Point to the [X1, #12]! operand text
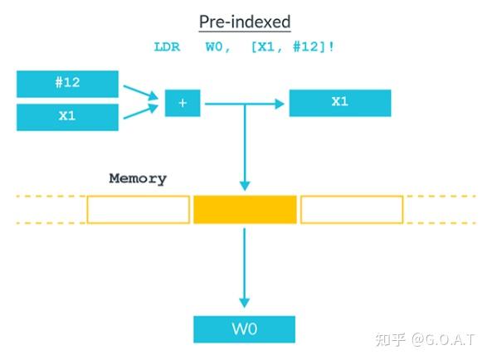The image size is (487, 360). (293, 47)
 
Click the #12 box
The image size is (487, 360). (67, 84)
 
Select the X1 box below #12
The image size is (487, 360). (67, 117)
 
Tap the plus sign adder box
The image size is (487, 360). (183, 104)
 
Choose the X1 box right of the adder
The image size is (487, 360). (339, 102)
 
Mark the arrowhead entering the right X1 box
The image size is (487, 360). (282, 103)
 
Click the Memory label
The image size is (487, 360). (138, 178)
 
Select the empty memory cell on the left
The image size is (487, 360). (138, 210)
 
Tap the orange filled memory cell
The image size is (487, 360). (244, 210)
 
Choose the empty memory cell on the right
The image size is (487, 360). (351, 210)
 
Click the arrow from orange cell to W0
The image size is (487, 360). (244, 265)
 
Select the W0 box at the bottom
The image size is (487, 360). (244, 328)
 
